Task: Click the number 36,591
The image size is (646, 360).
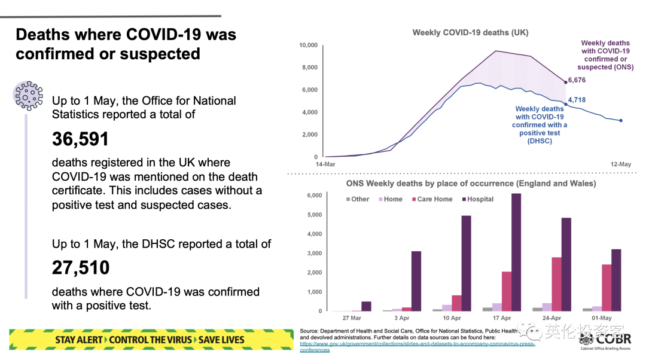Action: click(80, 139)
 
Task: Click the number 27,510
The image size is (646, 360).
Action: click(81, 267)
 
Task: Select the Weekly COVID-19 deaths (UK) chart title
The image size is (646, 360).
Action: click(470, 33)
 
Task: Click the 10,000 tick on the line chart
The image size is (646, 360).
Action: click(308, 45)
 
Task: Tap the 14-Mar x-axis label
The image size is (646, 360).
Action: click(325, 164)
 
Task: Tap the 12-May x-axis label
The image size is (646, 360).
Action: click(621, 164)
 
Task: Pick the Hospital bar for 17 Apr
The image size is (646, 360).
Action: click(515, 252)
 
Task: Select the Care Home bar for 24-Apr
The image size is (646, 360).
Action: click(556, 284)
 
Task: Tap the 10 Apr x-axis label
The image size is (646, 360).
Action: click(452, 318)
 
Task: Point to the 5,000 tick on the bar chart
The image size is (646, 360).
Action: click(314, 215)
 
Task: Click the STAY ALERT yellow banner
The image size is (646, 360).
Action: click(150, 340)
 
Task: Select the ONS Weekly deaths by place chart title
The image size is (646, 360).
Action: click(471, 184)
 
